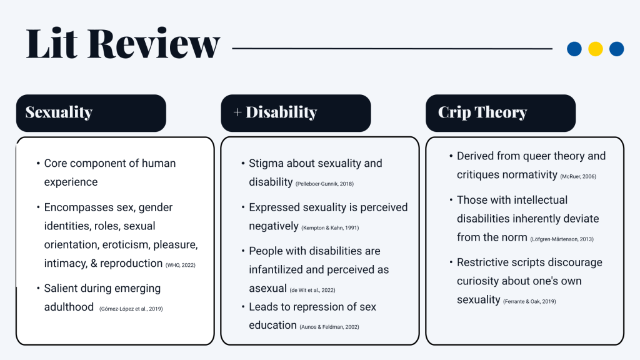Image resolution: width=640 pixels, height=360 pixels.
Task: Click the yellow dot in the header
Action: tap(596, 49)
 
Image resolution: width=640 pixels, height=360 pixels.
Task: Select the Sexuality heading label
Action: tap(59, 112)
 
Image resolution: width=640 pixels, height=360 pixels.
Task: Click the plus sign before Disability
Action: tap(237, 112)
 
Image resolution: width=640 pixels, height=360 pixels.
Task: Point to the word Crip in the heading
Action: tap(454, 112)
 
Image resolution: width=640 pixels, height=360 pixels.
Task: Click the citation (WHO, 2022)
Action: tap(181, 265)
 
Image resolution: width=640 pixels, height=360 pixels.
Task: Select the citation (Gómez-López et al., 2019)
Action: tap(131, 309)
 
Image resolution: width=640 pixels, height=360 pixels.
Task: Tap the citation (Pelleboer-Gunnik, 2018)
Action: tap(325, 184)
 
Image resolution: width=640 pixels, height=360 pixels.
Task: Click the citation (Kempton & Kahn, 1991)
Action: tap(330, 227)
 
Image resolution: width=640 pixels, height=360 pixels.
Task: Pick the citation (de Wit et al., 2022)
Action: tap(311, 290)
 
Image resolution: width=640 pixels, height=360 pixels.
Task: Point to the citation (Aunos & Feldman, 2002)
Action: tap(330, 327)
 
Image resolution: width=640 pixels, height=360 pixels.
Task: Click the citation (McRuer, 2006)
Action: tap(578, 177)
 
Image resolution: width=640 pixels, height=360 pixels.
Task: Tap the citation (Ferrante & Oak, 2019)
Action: tap(529, 302)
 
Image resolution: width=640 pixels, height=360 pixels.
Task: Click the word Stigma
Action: tap(266, 163)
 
